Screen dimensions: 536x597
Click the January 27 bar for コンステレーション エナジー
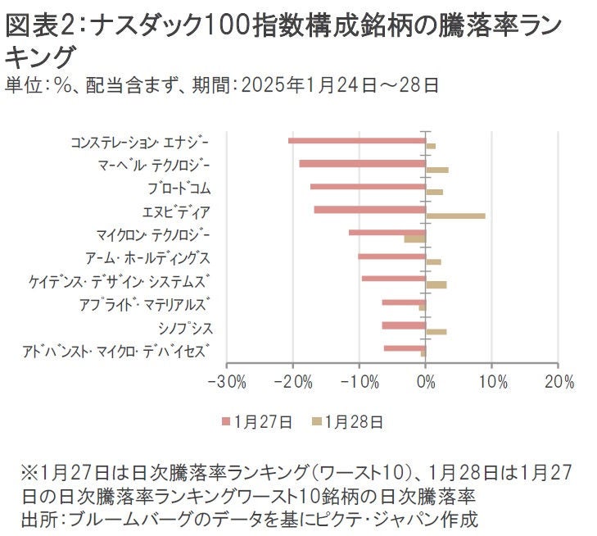point(357,140)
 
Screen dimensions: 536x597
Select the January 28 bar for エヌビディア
point(455,216)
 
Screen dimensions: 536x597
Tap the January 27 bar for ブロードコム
point(368,186)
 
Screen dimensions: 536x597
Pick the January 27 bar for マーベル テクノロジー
point(363,163)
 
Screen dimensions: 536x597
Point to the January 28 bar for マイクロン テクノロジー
point(415,238)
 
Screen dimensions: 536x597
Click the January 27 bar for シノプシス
point(404,325)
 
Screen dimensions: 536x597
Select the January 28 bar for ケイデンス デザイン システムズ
point(436,284)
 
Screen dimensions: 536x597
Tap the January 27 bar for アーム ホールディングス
point(392,256)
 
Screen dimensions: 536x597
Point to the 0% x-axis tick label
point(426,383)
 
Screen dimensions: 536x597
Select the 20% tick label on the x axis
point(558,383)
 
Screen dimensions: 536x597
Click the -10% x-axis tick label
point(360,383)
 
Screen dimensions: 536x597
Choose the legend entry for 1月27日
point(257,422)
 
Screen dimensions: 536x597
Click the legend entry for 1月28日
point(347,422)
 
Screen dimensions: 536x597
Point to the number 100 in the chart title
point(229,26)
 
